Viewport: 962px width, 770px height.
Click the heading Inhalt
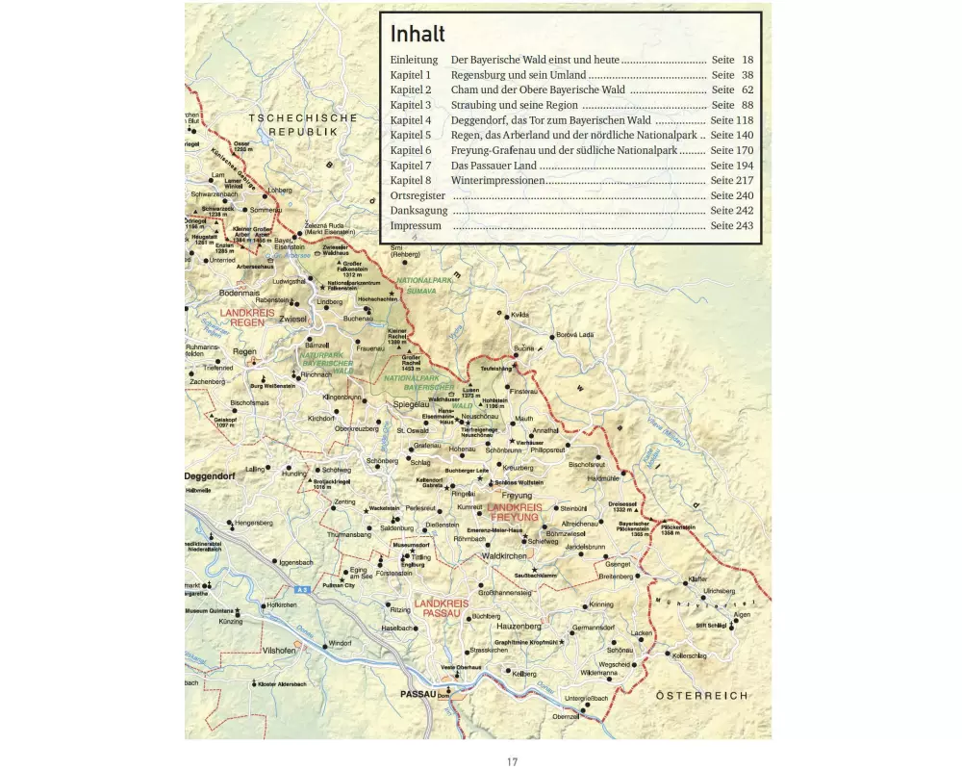418,35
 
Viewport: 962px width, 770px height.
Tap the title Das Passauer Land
493,166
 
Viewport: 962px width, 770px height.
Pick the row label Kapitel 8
411,180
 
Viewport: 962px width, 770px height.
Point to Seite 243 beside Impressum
732,225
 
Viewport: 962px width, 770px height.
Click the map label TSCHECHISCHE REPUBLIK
302,124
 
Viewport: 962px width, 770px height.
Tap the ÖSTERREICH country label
701,695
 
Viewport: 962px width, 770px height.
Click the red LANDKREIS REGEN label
246,318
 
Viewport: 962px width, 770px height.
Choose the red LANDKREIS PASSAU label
442,608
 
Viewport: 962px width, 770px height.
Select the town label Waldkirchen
504,556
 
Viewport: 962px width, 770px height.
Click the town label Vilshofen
279,651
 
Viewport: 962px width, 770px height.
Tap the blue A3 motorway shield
302,588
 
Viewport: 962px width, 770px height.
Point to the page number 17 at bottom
513,760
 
